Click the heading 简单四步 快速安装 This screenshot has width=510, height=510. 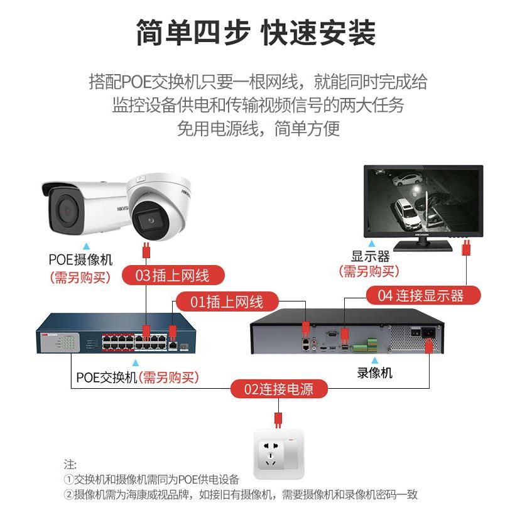(255, 33)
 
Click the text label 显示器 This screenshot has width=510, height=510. (370, 256)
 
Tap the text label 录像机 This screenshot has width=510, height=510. (375, 373)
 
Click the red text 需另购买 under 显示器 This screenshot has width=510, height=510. (369, 271)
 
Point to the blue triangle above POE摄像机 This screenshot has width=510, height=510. (87, 246)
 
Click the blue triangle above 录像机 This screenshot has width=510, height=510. (376, 360)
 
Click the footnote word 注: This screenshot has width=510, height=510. (70, 465)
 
